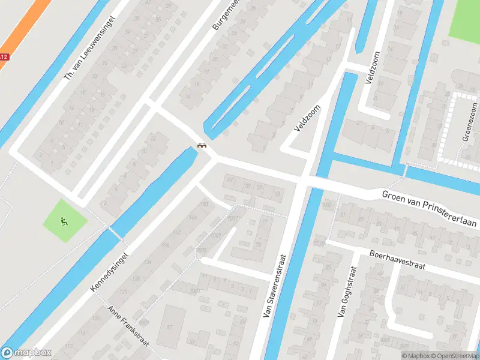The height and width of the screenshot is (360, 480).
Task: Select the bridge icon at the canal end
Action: pyautogui.click(x=202, y=145)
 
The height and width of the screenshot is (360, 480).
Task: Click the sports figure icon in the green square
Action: pyautogui.click(x=64, y=220)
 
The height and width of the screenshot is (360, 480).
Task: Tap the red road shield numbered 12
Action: pyautogui.click(x=4, y=57)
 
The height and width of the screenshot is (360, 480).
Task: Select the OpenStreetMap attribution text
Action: pyautogui.click(x=456, y=356)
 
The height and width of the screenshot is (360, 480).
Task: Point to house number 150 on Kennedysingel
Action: pyautogui.click(x=205, y=205)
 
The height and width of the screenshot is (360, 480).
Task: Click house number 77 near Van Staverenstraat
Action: pyautogui.click(x=265, y=222)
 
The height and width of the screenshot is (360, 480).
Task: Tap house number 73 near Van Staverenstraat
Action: pyautogui.click(x=259, y=245)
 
